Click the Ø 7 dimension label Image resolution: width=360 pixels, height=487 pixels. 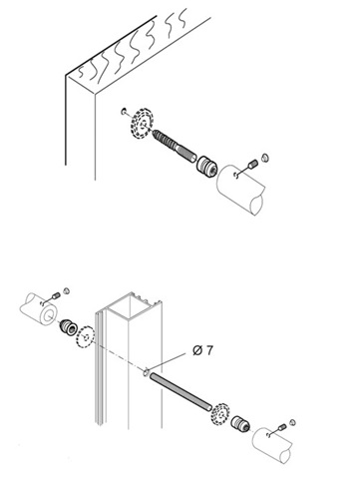pos(202,350)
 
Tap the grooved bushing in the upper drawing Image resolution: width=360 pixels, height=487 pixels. pos(206,166)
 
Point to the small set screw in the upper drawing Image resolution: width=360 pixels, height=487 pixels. pos(253,164)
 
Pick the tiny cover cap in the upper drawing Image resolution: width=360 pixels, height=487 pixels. pos(265,157)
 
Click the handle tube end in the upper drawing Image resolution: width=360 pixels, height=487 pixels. pos(240,189)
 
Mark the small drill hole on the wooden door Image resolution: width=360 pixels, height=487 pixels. pos(124,111)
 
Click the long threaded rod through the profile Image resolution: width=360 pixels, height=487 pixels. pos(180,391)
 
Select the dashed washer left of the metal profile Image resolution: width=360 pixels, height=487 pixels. pos(86,337)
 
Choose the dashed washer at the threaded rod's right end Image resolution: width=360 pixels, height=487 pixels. pos(219,414)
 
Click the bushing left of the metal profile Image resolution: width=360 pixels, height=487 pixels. pos(68,327)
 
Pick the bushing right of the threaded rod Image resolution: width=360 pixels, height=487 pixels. pos(240,423)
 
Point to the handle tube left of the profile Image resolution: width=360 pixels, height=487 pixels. pos(39,308)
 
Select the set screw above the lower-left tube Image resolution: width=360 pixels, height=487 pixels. pos(56,295)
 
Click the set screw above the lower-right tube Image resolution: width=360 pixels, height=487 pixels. pos(282,427)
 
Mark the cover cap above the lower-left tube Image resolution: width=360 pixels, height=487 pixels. pos(66,290)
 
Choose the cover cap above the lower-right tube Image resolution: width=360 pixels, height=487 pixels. pos(292,422)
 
